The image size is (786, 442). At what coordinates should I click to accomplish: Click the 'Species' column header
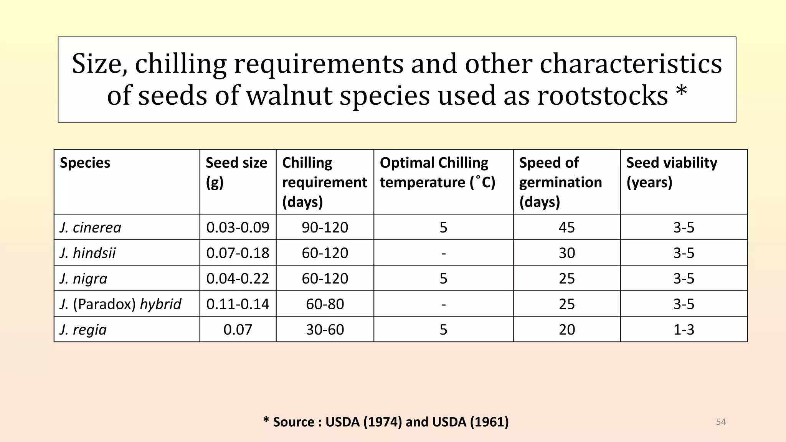[x=85, y=163]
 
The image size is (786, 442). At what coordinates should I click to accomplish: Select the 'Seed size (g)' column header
[x=236, y=172]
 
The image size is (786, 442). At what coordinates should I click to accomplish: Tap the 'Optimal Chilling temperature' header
[x=438, y=172]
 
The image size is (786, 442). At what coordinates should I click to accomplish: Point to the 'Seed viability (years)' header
[x=672, y=172]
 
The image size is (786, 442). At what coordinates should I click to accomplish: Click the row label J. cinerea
[x=91, y=228]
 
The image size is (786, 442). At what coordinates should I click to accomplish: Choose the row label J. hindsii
[x=88, y=253]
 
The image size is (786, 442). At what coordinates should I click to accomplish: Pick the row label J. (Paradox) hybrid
[x=121, y=304]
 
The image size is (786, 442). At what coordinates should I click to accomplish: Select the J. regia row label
[x=83, y=330]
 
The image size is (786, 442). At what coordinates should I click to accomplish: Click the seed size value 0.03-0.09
[x=238, y=228]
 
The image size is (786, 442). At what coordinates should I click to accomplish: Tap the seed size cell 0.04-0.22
[x=238, y=279]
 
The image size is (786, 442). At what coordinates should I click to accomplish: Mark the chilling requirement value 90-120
[x=325, y=228]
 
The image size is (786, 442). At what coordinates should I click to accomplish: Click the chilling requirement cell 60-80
[x=325, y=304]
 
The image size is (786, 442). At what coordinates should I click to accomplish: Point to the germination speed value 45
[x=567, y=228]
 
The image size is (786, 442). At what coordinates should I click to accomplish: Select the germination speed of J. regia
[x=567, y=330]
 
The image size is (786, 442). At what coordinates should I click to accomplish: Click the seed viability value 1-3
[x=684, y=330]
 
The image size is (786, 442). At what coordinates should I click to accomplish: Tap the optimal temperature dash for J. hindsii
[x=444, y=253]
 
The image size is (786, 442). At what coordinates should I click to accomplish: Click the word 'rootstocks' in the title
[x=603, y=96]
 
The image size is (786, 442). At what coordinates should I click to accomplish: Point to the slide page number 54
[x=721, y=422]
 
